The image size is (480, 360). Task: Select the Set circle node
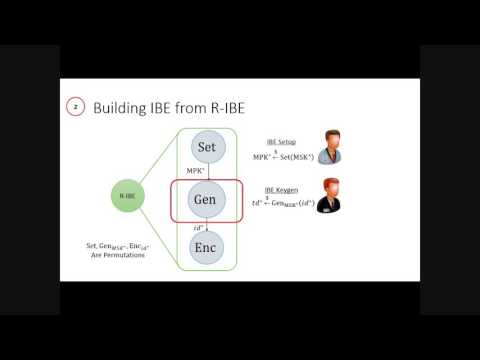pyautogui.click(x=207, y=147)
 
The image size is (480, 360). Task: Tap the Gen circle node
pyautogui.click(x=207, y=200)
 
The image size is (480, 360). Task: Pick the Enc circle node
pyautogui.click(x=207, y=246)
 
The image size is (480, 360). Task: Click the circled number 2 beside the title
pyautogui.click(x=74, y=105)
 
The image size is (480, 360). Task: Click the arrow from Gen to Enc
pyautogui.click(x=207, y=226)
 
